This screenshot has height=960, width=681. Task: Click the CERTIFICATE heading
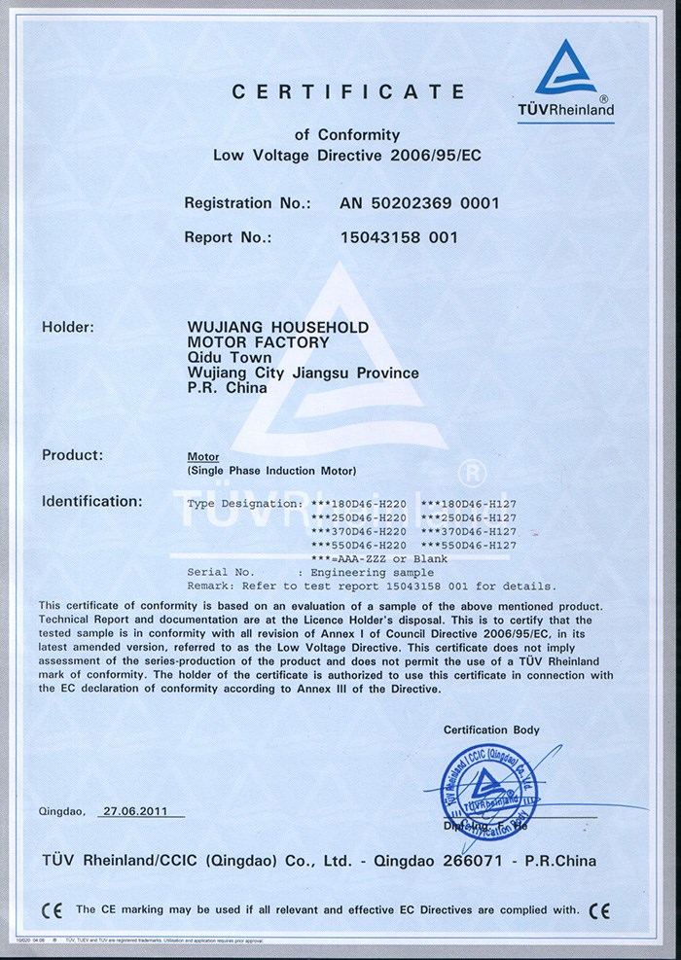click(x=349, y=91)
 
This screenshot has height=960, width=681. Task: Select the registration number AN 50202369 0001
click(x=418, y=203)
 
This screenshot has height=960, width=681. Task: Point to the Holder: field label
click(x=67, y=328)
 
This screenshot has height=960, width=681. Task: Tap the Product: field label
click(x=72, y=454)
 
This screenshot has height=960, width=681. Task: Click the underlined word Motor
click(x=202, y=456)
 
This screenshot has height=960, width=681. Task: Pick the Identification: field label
click(x=91, y=502)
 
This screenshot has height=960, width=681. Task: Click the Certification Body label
click(x=491, y=729)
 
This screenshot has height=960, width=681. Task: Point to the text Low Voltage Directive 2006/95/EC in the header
click(x=346, y=156)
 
